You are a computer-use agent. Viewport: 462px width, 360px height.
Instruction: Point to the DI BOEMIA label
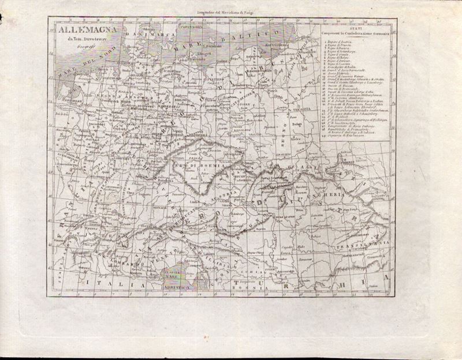pos(198,166)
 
